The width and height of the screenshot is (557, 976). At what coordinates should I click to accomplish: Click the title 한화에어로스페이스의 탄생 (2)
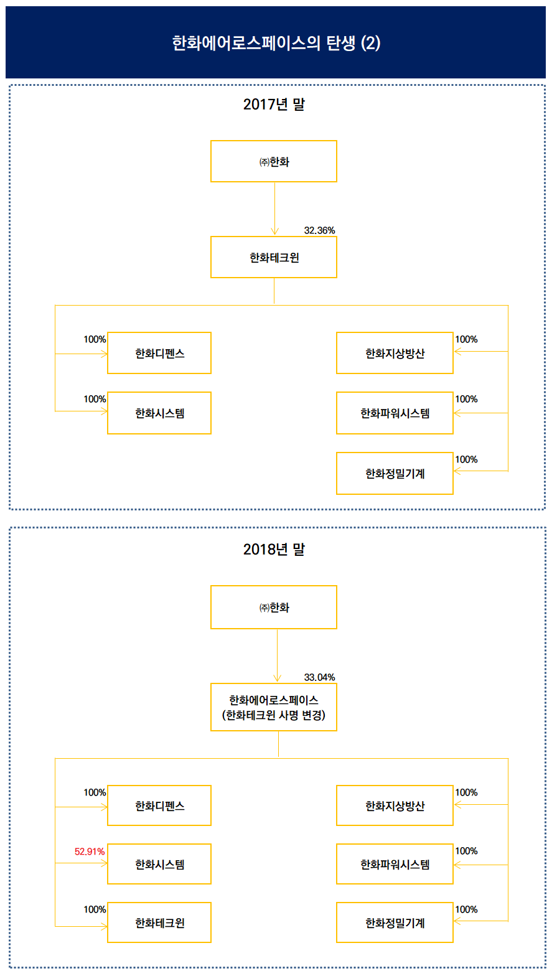(276, 43)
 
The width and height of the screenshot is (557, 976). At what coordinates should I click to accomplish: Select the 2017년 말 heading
(274, 104)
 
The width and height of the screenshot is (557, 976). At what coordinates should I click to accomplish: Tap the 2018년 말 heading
(274, 550)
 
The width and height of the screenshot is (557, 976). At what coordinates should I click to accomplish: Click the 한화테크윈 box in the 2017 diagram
(274, 257)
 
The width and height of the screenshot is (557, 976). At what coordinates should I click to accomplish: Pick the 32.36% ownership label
(319, 230)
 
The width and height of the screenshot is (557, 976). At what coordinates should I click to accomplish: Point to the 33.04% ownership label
(319, 677)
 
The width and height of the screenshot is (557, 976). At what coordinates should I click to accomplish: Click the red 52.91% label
(90, 852)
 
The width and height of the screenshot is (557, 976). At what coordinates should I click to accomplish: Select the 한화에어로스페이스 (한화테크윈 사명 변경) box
(274, 708)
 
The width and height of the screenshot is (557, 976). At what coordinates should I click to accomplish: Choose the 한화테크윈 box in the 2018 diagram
(159, 922)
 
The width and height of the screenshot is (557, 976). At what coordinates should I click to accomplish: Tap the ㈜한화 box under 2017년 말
(274, 162)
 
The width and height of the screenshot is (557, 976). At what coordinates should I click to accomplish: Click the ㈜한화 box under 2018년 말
(274, 608)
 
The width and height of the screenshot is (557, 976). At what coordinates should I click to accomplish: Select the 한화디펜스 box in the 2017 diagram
(159, 353)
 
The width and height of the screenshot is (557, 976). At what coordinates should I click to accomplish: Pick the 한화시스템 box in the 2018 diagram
(159, 864)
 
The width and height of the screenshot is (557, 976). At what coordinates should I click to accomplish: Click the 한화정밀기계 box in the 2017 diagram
(395, 474)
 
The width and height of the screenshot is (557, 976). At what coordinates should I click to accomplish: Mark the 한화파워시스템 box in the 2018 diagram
(395, 864)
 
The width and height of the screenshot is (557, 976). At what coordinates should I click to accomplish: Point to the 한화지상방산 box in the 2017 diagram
(395, 353)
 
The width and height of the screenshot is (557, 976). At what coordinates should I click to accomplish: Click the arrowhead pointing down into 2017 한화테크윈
(274, 232)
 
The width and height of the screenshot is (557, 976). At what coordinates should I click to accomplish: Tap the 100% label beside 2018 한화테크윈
(95, 909)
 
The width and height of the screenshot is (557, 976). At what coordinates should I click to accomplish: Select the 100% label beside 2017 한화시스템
(95, 399)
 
